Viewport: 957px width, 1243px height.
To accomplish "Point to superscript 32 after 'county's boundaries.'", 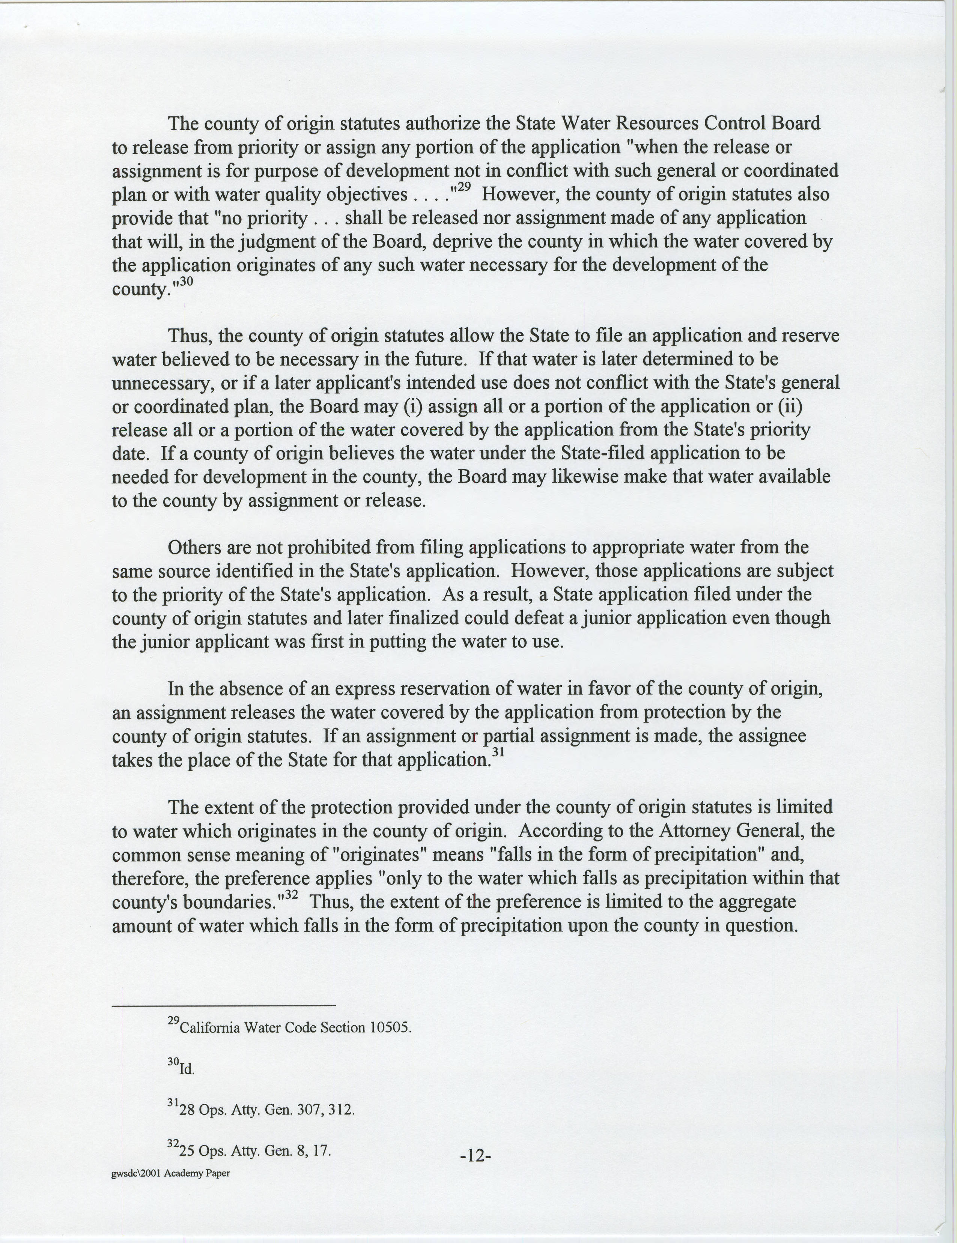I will (x=291, y=894).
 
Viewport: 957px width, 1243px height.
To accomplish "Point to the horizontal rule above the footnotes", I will (x=224, y=1006).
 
